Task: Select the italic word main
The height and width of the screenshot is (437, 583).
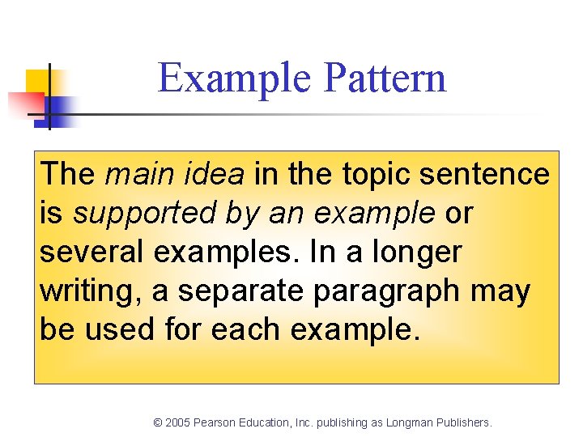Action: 134,173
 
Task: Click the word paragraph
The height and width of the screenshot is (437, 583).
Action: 384,291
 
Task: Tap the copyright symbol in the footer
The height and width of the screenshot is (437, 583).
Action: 158,422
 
